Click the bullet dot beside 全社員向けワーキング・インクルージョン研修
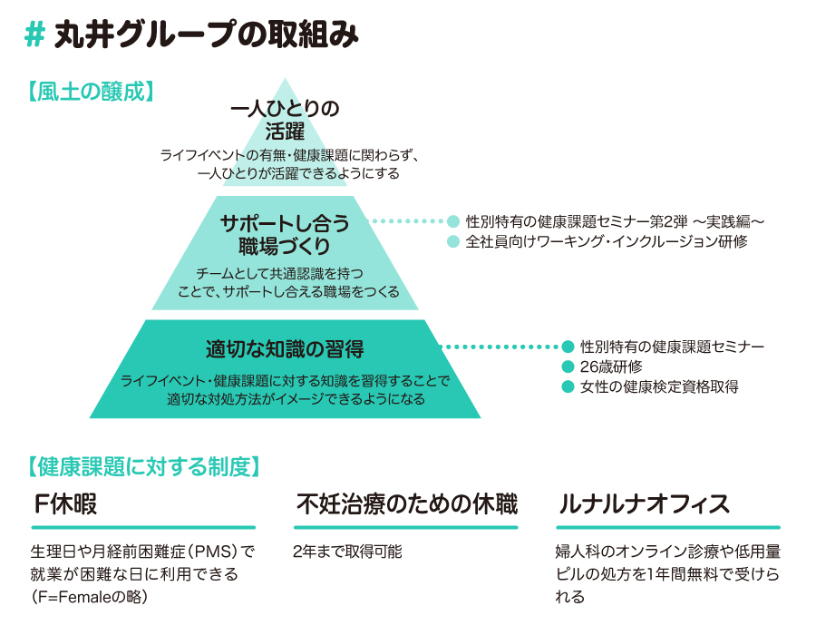454,241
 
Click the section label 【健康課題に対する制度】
145,467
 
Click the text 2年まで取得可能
347,551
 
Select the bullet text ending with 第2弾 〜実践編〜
616,220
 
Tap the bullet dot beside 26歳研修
568,366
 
